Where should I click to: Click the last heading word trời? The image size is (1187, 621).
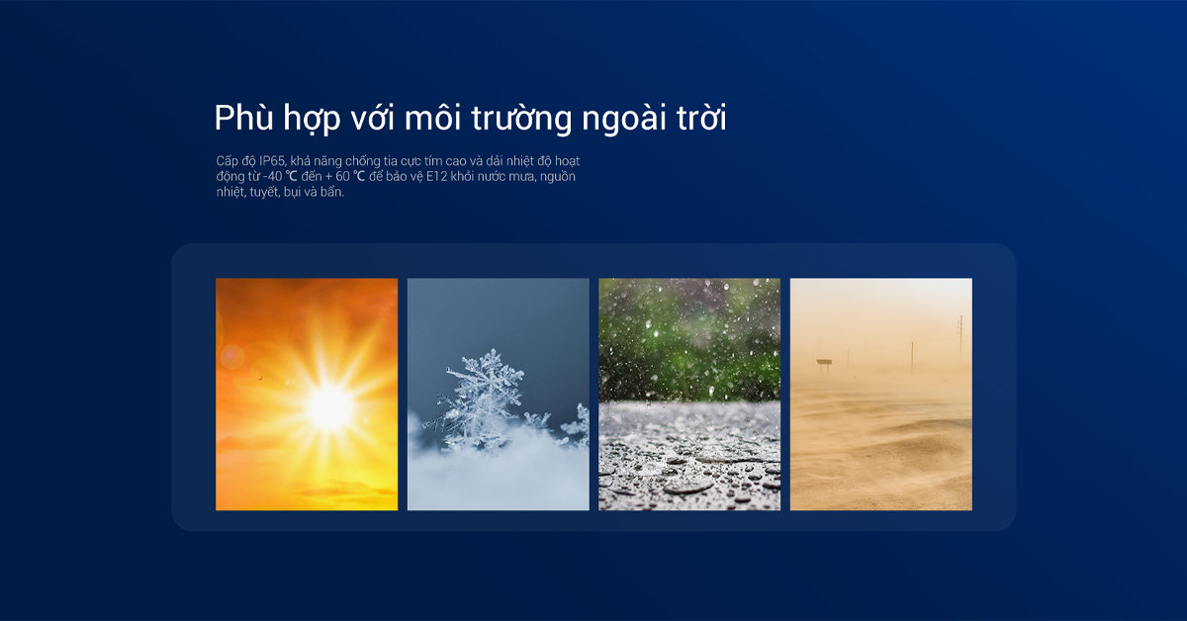point(701,117)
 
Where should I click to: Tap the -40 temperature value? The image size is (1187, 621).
point(272,176)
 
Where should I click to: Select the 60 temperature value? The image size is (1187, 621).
point(342,176)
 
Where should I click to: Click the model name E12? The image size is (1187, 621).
point(436,176)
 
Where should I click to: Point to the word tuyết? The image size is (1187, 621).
point(264,193)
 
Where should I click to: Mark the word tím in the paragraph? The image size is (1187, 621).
point(433,161)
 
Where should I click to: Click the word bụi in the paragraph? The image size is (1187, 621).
point(292,193)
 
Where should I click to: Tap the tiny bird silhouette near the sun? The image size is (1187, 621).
point(260,378)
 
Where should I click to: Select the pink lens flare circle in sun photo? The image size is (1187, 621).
point(232,357)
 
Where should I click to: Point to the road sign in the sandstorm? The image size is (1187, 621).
point(824,363)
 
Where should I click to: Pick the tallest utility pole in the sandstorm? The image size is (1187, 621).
point(960,337)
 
